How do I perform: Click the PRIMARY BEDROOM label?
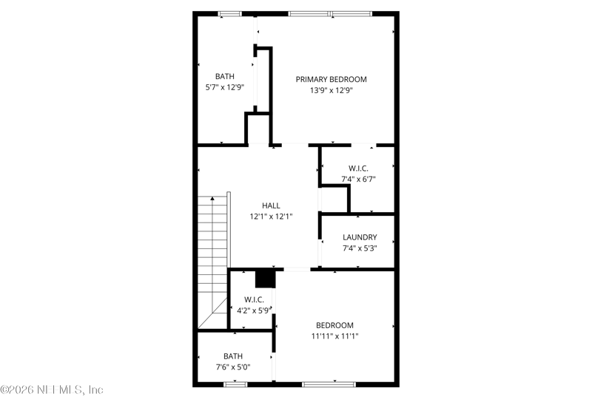[331, 79]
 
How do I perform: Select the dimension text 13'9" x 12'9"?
[331, 91]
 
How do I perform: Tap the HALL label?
[271, 205]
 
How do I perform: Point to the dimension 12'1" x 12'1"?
[271, 217]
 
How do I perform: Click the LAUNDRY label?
[360, 237]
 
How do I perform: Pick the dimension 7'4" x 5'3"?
[360, 249]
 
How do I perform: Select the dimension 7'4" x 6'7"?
[359, 180]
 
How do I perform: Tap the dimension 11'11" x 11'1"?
[334, 336]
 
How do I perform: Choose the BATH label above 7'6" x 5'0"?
[234, 355]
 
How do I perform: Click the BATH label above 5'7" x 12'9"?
[225, 76]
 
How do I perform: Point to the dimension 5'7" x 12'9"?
[225, 87]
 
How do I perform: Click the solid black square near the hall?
[265, 278]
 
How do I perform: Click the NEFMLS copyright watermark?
[52, 390]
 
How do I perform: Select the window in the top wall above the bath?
[229, 13]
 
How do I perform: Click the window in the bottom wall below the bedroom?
[328, 384]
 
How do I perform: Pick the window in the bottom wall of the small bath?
[235, 384]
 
